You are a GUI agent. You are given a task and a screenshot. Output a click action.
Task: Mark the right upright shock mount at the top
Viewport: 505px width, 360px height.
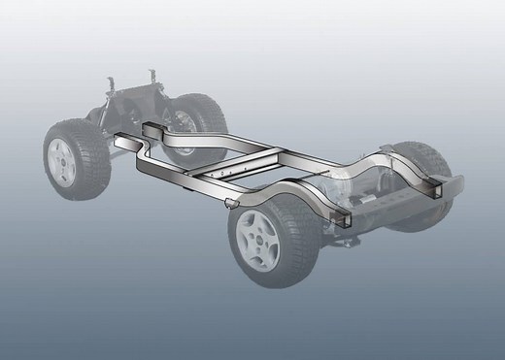pyautogui.click(x=154, y=74)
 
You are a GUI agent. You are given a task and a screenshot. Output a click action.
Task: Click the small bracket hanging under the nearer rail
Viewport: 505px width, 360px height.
pyautogui.click(x=229, y=203)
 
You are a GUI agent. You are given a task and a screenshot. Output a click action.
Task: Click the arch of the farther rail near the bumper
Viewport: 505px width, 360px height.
pyautogui.click(x=384, y=160)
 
